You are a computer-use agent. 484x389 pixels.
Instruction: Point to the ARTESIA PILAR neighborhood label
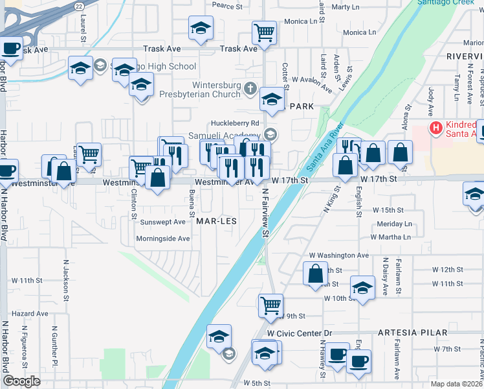[413, 333]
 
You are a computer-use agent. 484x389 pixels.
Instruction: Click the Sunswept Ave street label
[164, 222]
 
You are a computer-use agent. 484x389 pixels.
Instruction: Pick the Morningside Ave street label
[163, 239]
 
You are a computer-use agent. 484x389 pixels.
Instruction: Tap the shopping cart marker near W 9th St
[270, 304]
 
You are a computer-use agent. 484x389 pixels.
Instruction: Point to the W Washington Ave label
[339, 255]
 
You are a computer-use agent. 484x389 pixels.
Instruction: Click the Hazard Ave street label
[30, 313]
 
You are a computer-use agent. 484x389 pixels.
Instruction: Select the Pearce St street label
[226, 5]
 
